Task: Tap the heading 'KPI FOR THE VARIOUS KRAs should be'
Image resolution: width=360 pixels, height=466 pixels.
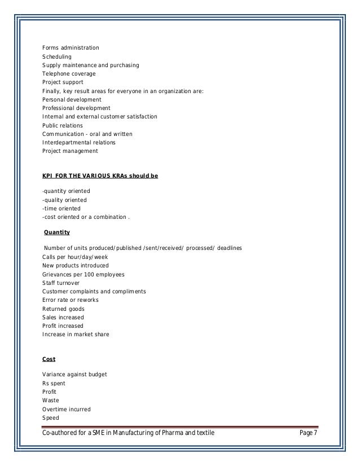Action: coord(100,176)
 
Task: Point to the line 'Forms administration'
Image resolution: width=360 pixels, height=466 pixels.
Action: coord(71,47)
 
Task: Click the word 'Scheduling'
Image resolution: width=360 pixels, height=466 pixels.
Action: coord(57,57)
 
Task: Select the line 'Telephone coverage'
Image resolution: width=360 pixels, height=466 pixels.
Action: coord(69,74)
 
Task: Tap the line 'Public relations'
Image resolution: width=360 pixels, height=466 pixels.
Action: coord(63,125)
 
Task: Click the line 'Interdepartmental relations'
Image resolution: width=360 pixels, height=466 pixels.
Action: coord(79,142)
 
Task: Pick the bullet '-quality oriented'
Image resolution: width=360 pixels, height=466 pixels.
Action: coord(65,200)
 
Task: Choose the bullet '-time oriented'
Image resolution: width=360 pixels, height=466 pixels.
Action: coord(61,208)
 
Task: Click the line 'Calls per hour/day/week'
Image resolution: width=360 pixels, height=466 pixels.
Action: coord(75,257)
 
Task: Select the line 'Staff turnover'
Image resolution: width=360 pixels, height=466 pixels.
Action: coord(61,283)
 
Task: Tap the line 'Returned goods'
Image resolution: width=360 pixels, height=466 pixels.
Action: coord(63,308)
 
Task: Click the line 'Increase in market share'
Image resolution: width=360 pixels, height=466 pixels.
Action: coord(76,334)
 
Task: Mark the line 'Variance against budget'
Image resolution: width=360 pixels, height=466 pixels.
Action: coord(74,375)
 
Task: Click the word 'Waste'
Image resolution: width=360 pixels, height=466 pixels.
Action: coord(50,401)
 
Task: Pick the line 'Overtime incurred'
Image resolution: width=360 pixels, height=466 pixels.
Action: coord(67,409)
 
